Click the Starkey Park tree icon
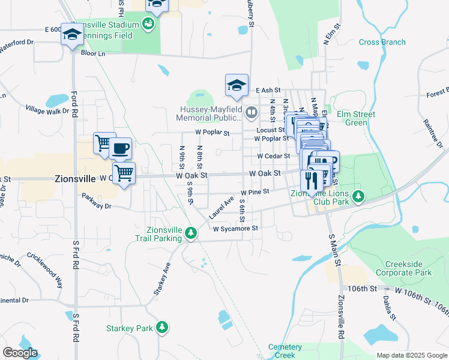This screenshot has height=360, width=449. tap(161, 328)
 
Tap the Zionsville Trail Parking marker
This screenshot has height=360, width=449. tap(191, 232)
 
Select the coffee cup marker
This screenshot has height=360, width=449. tap(120, 148)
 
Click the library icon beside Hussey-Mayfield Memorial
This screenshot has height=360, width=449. tap(252, 112)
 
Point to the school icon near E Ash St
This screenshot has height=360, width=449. tap(237, 85)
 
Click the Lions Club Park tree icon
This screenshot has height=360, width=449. tap(358, 196)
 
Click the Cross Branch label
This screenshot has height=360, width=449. tap(382, 42)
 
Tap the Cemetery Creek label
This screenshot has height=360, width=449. tap(285, 350)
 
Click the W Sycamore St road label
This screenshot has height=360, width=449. tap(235, 229)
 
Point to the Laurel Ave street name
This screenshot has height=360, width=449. tap(220, 208)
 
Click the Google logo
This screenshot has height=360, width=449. tap(19, 353)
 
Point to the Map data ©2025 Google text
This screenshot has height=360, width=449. tap(411, 355)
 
